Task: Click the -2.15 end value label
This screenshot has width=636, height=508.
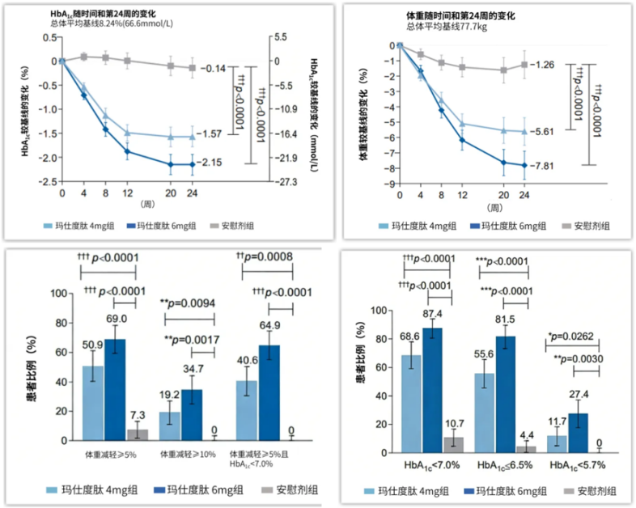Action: pos(213,163)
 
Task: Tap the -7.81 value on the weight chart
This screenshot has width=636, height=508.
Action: pos(551,166)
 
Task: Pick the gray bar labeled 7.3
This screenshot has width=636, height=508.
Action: pos(142,434)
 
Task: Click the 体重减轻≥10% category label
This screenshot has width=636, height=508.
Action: pos(188,454)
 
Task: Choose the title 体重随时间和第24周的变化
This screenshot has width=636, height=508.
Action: pos(462,15)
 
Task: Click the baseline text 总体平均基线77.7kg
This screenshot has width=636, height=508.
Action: pos(440,27)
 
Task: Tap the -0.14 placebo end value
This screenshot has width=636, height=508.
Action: pos(212,69)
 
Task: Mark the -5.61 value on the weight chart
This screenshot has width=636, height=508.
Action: pos(551,131)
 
